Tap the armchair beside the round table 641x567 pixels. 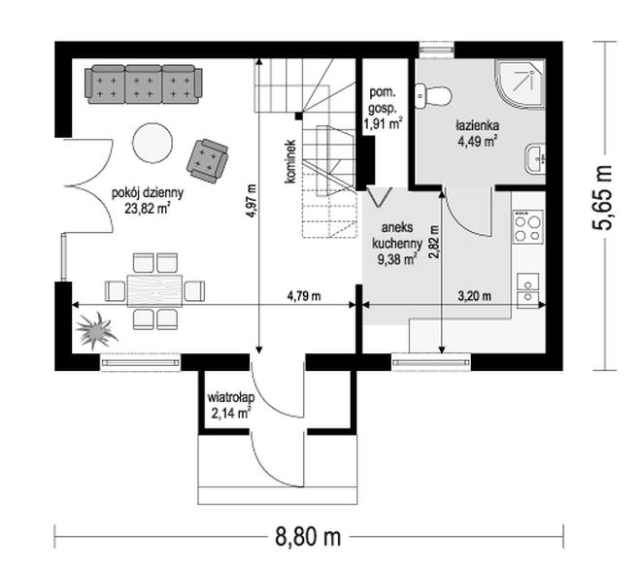(208, 160)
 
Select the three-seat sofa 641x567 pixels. (144, 83)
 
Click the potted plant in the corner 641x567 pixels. (96, 330)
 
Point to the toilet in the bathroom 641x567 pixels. (433, 96)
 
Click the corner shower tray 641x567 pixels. (521, 85)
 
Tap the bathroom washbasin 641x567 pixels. (535, 159)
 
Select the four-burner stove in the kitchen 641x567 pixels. (528, 227)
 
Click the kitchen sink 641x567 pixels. (528, 290)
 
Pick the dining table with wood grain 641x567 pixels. (155, 290)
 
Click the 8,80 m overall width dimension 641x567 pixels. (309, 537)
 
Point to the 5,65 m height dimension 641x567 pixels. (604, 197)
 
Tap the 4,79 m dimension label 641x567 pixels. (304, 296)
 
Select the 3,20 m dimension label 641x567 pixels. (474, 296)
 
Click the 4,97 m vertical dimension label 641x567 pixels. (251, 201)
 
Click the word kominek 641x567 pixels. (291, 161)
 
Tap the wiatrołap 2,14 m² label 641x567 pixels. (230, 405)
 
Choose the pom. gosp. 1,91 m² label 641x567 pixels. (383, 109)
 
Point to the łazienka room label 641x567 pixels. (477, 125)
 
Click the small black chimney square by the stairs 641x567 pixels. (299, 116)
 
